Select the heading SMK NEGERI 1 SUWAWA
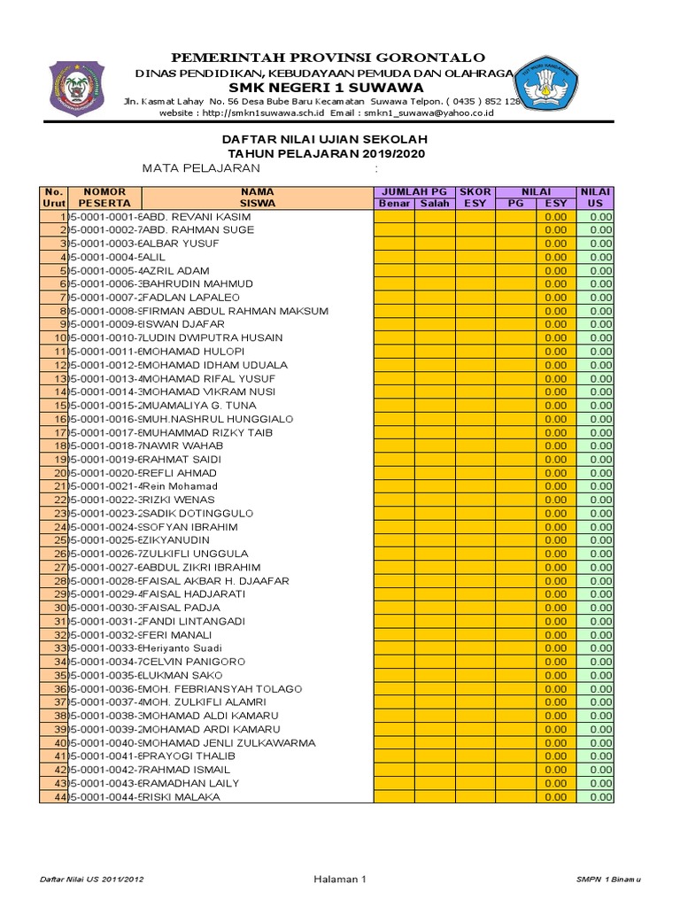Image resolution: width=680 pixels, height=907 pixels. [327, 88]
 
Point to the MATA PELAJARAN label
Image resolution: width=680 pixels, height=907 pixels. [202, 168]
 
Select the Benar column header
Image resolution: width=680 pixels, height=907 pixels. [394, 203]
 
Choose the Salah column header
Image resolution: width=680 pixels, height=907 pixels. [435, 203]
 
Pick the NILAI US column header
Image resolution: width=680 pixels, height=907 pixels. [595, 197]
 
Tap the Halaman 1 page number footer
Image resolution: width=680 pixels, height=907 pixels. [339, 879]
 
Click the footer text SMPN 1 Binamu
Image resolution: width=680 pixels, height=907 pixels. [607, 879]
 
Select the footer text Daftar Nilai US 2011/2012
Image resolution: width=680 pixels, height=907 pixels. [92, 879]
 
